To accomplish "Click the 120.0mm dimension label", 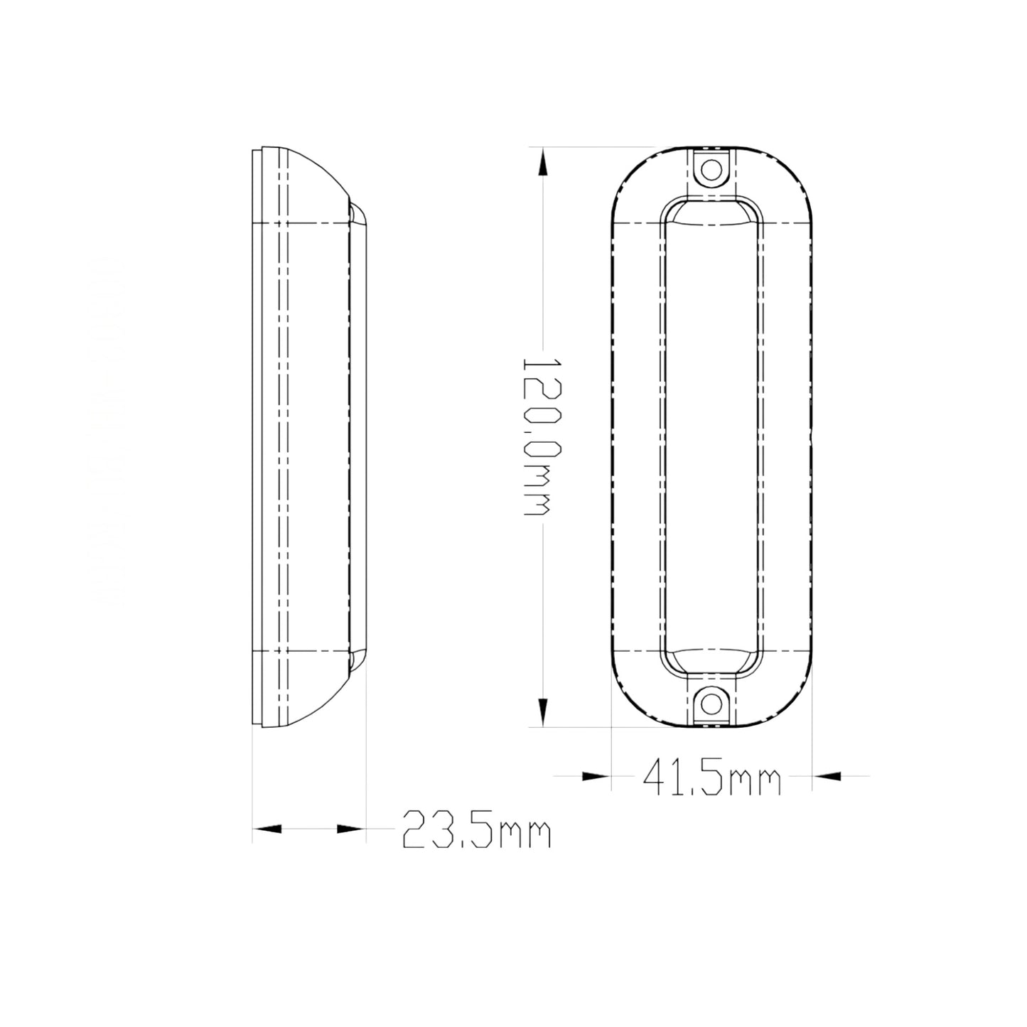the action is (x=536, y=436).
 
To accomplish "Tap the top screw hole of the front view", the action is (x=711, y=170).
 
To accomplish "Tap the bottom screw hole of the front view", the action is (x=711, y=704).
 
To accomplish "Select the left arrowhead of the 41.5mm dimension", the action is (x=596, y=777).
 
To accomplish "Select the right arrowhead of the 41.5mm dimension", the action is (x=827, y=777).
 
